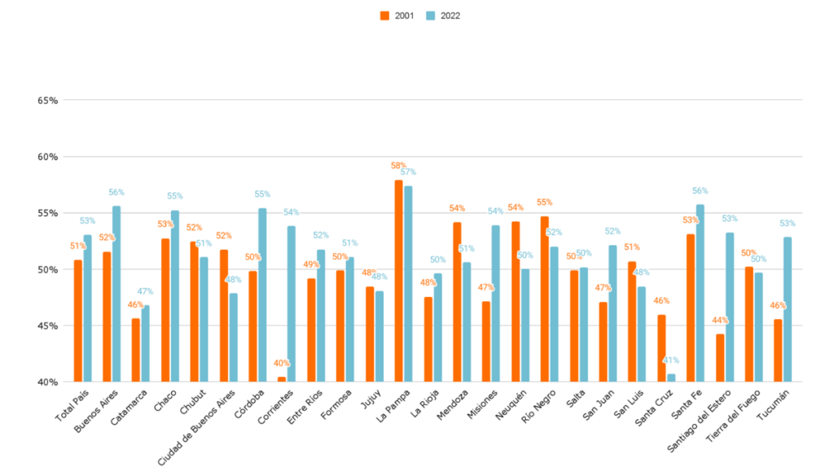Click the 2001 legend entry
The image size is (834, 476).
tap(400, 15)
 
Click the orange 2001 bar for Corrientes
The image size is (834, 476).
tap(282, 379)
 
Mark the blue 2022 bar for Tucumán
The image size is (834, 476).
tap(788, 309)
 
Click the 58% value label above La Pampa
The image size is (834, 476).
tap(398, 165)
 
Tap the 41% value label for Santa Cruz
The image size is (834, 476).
tap(670, 360)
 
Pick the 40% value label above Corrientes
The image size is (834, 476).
tap(282, 363)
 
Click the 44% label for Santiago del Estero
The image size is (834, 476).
tap(719, 320)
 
